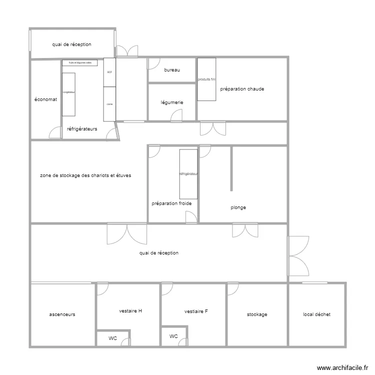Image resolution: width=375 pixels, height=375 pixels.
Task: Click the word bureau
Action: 171,70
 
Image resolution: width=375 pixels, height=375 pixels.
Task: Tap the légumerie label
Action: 172,102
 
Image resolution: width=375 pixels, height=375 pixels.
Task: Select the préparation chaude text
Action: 242,89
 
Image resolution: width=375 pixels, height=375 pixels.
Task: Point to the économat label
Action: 45,99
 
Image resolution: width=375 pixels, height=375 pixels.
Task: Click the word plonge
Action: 238,207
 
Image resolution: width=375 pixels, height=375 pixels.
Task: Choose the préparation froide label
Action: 171,203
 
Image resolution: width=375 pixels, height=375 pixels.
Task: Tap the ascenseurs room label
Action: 62,314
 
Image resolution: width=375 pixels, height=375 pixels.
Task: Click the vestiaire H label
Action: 130,311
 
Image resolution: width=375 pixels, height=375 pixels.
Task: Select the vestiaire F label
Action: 196,311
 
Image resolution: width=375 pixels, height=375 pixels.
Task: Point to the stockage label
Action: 257,314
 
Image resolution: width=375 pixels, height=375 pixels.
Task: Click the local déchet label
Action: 316,314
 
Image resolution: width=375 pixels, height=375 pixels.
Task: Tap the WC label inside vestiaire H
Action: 113,338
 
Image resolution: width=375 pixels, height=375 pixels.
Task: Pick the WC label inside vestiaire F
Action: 173,336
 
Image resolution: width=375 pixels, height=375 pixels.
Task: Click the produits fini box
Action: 206,79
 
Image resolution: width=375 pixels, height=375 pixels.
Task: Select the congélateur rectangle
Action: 68,94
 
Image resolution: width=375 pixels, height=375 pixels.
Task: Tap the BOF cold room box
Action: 109,72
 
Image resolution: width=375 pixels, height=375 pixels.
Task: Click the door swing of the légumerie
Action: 176,116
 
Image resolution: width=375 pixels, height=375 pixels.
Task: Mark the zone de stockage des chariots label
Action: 85,175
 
